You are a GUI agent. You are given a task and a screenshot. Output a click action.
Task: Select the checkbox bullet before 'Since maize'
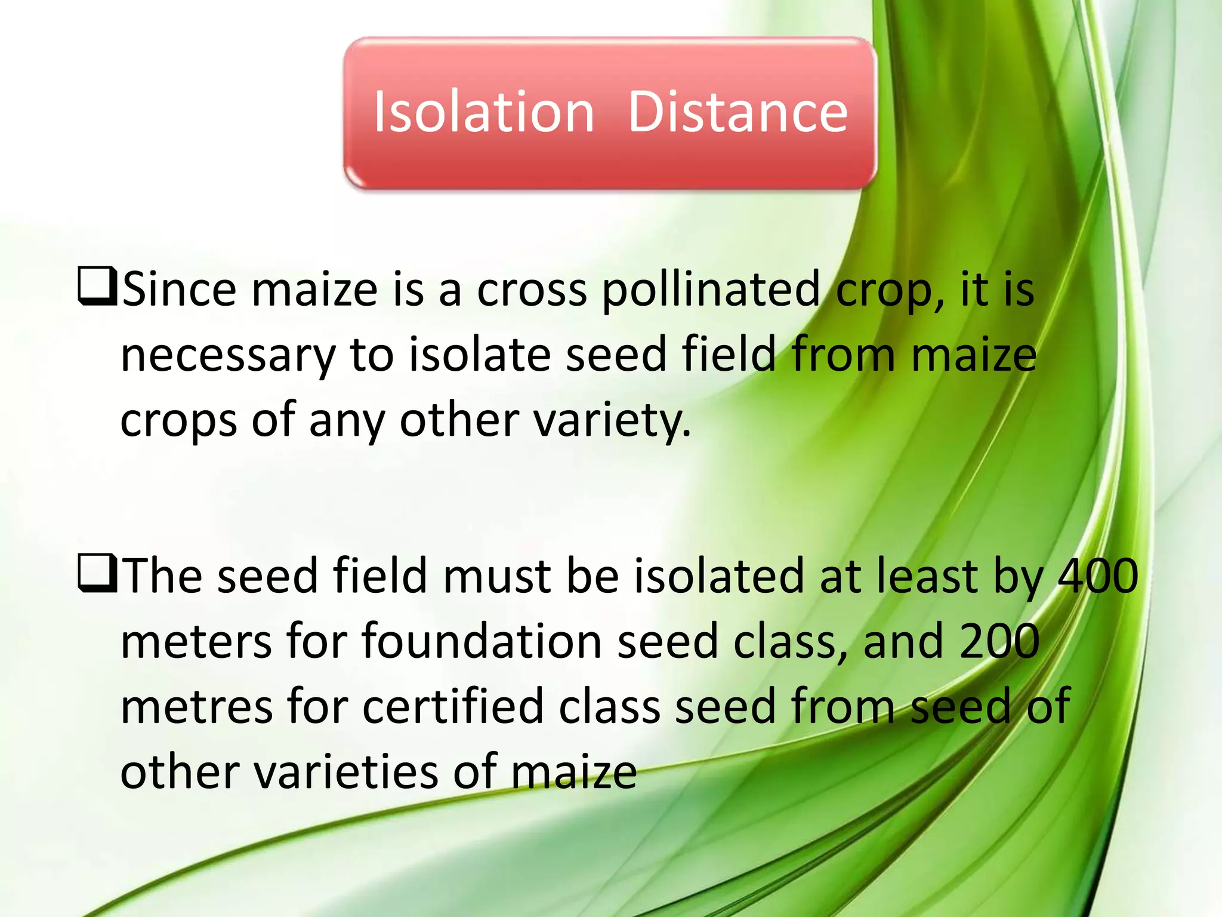pyautogui.click(x=97, y=287)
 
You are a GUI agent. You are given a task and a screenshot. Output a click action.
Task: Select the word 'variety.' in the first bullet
pyautogui.click(x=612, y=421)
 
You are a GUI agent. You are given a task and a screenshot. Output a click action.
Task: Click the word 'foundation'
pyautogui.click(x=482, y=642)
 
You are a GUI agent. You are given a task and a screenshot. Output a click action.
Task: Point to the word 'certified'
pyautogui.click(x=452, y=707)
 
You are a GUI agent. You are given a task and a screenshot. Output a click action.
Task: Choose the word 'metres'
pyautogui.click(x=197, y=707)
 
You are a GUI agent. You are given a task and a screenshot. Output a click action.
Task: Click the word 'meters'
pyautogui.click(x=197, y=642)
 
